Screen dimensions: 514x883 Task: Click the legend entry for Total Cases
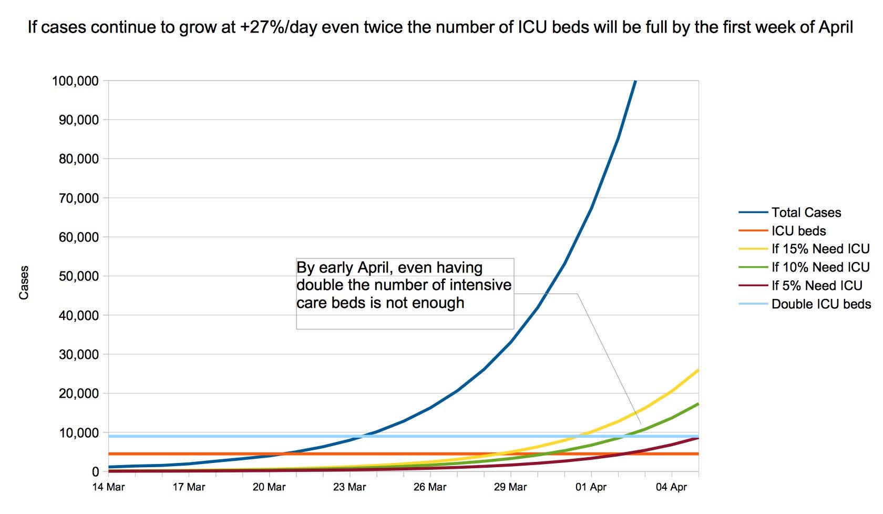click(x=806, y=213)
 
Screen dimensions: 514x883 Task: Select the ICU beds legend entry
click(x=798, y=231)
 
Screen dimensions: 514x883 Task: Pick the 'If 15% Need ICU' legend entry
click(x=820, y=249)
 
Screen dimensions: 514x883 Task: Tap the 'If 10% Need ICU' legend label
click(x=820, y=267)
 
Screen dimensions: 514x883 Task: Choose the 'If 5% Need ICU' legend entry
click(x=817, y=286)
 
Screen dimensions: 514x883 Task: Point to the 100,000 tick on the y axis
click(x=75, y=81)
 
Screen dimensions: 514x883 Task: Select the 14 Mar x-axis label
click(x=108, y=487)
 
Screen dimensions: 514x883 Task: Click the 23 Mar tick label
click(x=350, y=487)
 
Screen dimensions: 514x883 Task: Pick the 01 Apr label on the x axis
click(x=591, y=487)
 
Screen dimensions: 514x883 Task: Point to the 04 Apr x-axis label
click(x=671, y=487)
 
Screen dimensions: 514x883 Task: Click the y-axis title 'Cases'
click(x=24, y=283)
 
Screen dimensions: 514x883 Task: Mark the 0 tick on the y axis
click(x=95, y=472)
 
